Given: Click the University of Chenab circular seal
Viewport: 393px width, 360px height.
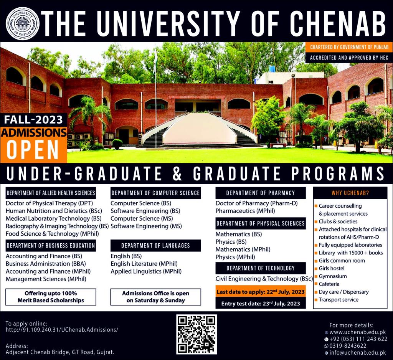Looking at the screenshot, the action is pyautogui.click(x=22, y=23).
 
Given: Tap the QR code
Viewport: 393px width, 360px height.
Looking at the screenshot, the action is pyautogui.click(x=196, y=335).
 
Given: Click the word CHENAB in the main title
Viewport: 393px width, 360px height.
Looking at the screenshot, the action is pyautogui.click(x=338, y=24).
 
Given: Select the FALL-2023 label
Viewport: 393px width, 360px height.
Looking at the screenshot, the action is pyautogui.click(x=33, y=119).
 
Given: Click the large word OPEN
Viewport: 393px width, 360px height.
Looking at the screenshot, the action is pyautogui.click(x=33, y=150).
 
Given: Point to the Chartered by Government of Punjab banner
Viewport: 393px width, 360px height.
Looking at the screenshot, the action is pyautogui.click(x=349, y=47).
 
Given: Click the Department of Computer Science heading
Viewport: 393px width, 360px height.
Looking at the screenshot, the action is pyautogui.click(x=156, y=193).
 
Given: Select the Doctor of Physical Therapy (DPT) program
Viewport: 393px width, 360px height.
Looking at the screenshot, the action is pyautogui.click(x=50, y=203).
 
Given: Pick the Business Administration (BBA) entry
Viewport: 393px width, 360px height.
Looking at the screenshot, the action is pyautogui.click(x=46, y=264).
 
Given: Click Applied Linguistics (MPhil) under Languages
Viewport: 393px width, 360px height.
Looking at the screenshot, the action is pyautogui.click(x=146, y=271).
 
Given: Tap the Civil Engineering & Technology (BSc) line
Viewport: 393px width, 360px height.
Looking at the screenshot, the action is pyautogui.click(x=264, y=279).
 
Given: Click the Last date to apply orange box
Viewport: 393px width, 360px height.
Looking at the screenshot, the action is pyautogui.click(x=261, y=292).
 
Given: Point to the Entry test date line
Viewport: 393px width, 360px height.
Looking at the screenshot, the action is pyautogui.click(x=261, y=304).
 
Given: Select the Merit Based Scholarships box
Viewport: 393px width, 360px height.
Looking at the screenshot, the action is pyautogui.click(x=51, y=297).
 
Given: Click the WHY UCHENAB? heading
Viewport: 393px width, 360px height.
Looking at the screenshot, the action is pyautogui.click(x=350, y=193).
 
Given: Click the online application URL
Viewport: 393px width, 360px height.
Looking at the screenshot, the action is pyautogui.click(x=62, y=330).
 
